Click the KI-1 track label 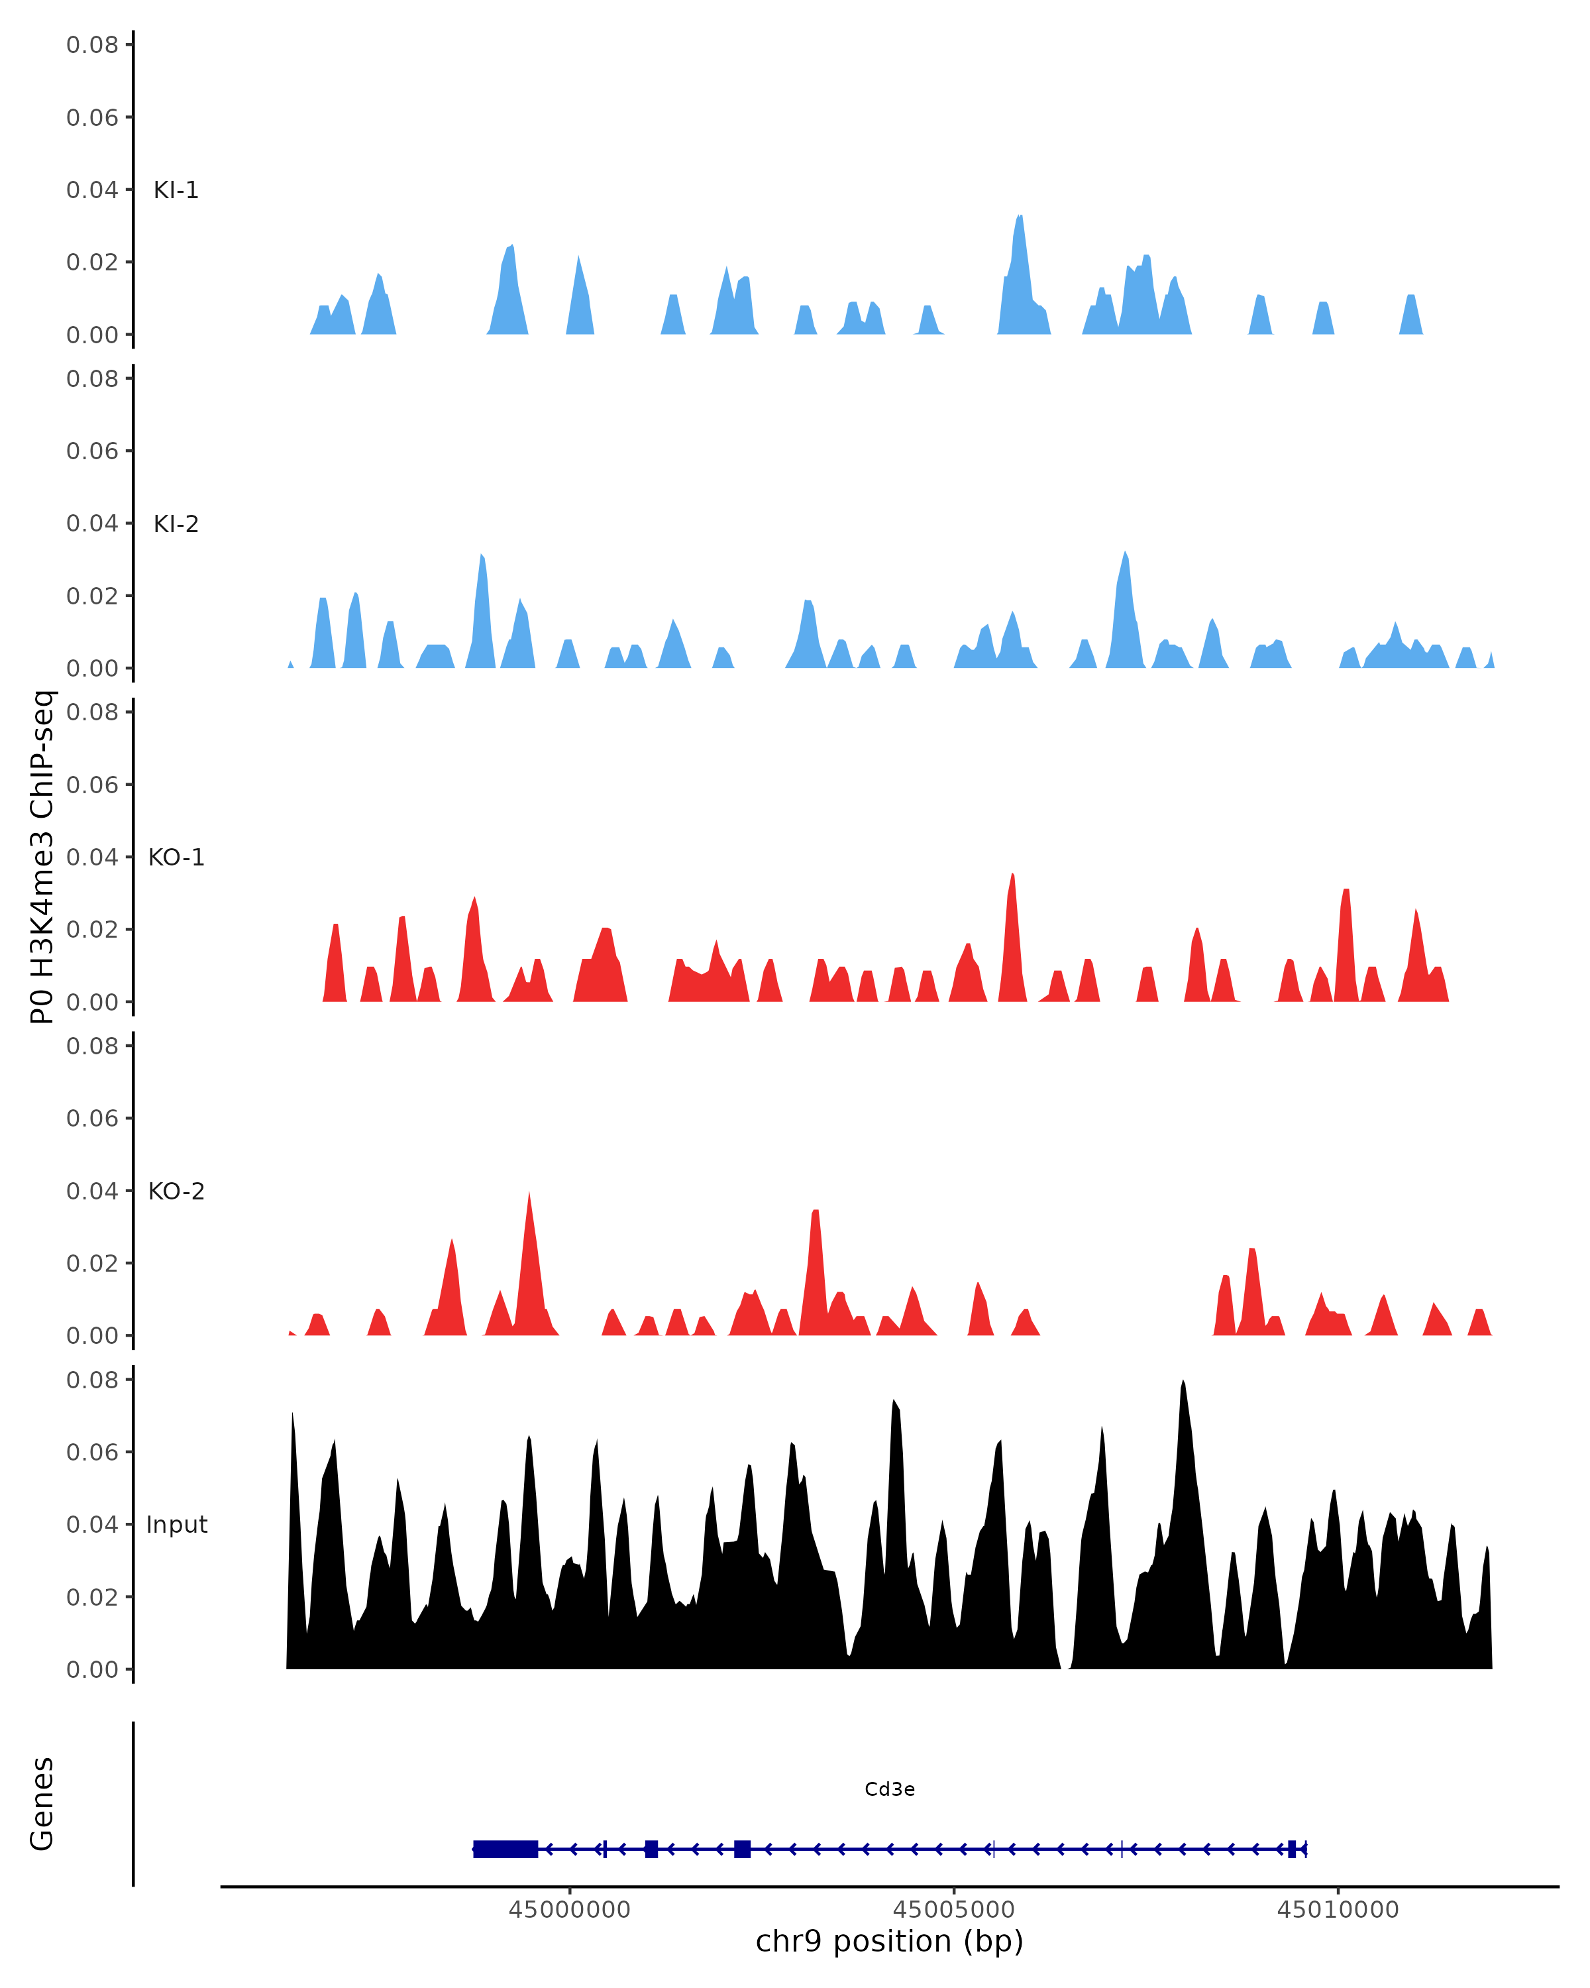(176, 190)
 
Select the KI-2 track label (176, 524)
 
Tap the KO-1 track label (176, 857)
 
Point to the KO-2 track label (176, 1191)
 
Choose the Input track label (176, 1525)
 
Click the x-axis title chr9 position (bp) (890, 1942)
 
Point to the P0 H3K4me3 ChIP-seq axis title (42, 857)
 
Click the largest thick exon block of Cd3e (505, 1849)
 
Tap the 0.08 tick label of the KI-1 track (92, 44)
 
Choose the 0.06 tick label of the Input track (92, 1453)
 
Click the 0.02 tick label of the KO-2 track (92, 1263)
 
